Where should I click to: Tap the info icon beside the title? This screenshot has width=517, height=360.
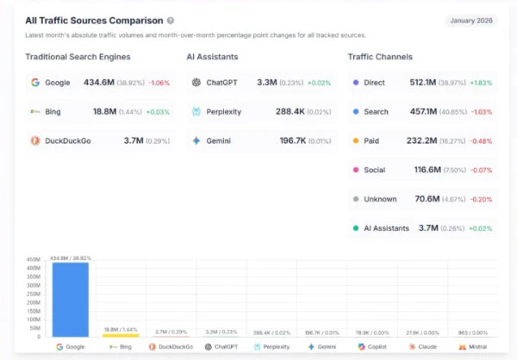click(x=171, y=20)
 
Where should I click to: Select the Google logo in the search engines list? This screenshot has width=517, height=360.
click(x=35, y=83)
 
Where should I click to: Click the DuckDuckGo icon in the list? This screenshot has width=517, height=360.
click(x=35, y=140)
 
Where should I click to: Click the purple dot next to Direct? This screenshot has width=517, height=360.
click(x=356, y=83)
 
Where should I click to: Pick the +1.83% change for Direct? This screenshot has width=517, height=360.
click(x=481, y=83)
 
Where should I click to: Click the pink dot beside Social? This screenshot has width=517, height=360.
click(x=356, y=170)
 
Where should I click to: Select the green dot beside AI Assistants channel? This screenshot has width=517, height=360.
click(x=356, y=228)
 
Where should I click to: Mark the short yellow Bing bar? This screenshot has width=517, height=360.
click(x=121, y=334)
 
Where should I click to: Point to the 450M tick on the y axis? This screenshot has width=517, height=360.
click(x=34, y=259)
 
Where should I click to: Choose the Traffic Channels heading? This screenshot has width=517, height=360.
click(x=380, y=57)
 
